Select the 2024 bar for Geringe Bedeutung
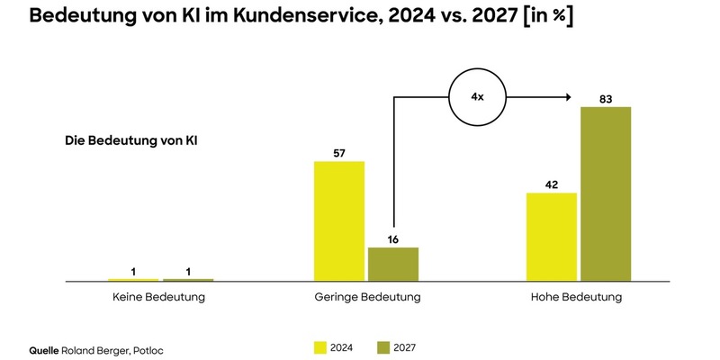click(339, 221)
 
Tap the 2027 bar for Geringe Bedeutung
click(393, 264)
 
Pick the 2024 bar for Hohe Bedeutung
click(551, 237)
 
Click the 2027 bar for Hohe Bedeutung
click(606, 193)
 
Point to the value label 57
click(339, 152)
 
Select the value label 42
click(551, 184)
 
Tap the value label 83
click(606, 97)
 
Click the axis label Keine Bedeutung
click(158, 297)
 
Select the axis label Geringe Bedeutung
click(367, 297)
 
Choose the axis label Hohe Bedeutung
click(578, 297)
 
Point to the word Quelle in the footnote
click(44, 346)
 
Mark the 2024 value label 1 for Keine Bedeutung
click(132, 270)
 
